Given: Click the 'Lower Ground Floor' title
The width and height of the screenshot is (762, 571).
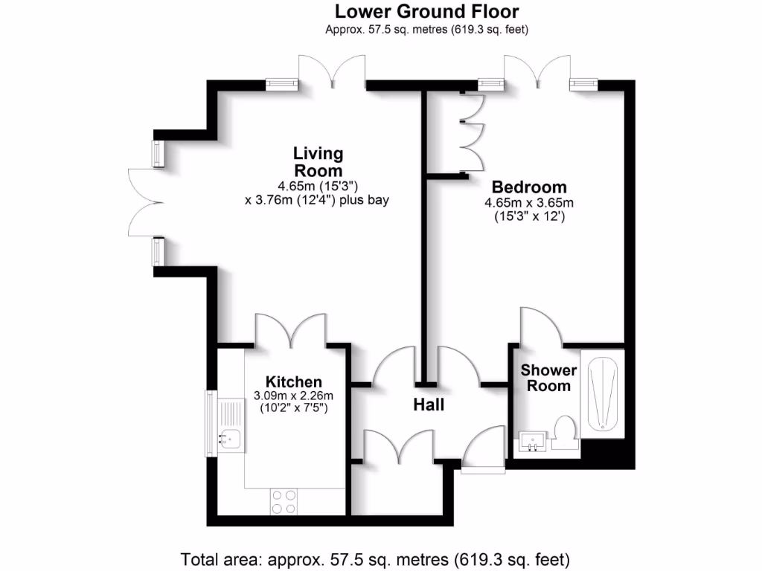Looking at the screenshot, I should [426, 12].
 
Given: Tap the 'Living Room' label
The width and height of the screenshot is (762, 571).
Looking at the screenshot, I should [318, 162].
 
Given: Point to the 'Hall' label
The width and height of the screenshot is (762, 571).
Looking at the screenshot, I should [429, 405].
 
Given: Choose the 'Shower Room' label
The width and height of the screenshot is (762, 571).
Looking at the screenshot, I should [549, 378].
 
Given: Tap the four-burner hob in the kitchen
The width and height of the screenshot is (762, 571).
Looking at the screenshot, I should [284, 501].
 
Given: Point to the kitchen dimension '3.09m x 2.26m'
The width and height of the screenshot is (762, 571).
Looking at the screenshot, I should [293, 396].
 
